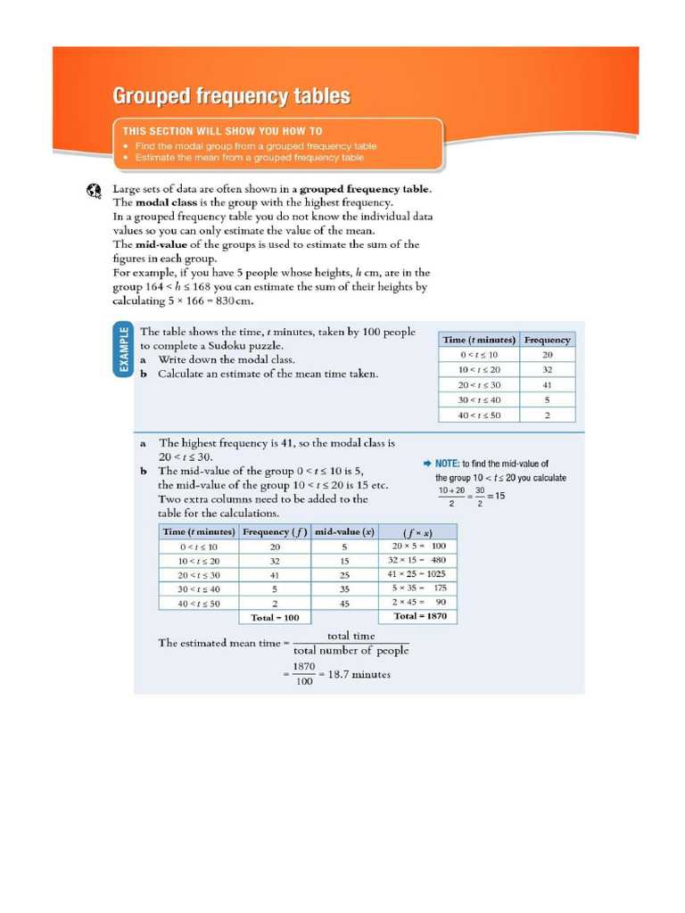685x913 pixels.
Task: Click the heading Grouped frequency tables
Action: point(230,96)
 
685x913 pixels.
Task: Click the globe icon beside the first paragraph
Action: point(95,190)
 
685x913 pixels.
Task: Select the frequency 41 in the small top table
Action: point(547,384)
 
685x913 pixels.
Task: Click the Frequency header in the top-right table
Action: point(547,340)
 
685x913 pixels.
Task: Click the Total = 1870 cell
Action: point(419,616)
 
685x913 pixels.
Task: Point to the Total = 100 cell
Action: point(274,617)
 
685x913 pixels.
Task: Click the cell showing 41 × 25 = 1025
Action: point(417,574)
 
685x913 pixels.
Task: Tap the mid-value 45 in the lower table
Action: point(344,603)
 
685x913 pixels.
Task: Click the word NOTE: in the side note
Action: point(447,464)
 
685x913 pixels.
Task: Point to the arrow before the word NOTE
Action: point(427,464)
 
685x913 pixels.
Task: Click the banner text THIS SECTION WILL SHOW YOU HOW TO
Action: point(222,130)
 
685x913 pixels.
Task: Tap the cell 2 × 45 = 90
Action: point(417,603)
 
